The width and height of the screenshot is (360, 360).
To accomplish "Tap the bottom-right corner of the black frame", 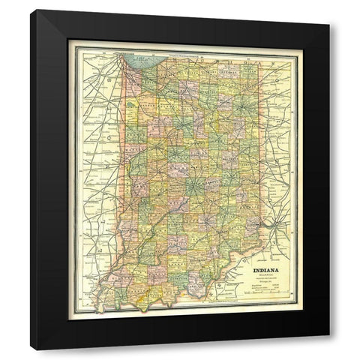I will (328, 349).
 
